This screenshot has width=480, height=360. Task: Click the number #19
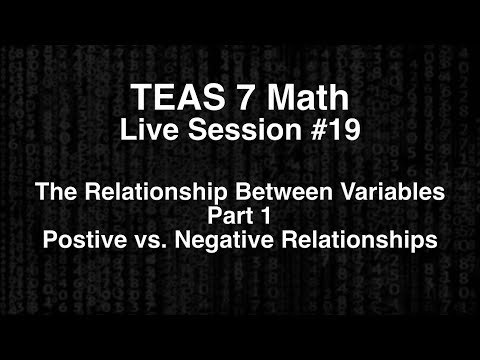point(317,130)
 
